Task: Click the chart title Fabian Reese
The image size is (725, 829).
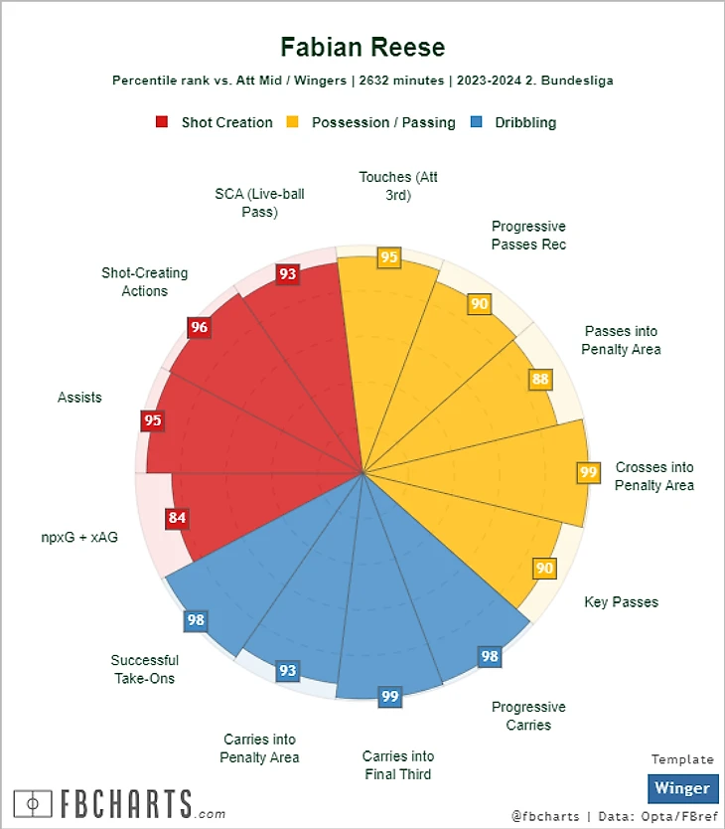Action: [362, 47]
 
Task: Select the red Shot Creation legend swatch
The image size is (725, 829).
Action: [162, 122]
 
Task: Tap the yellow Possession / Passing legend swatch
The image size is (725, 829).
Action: [293, 122]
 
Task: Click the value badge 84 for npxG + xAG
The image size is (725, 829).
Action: [178, 517]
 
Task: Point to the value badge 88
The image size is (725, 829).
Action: [540, 379]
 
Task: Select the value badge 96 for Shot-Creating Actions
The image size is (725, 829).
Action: [200, 327]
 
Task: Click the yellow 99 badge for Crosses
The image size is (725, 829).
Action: [588, 472]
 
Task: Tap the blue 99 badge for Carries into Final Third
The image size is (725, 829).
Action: [390, 696]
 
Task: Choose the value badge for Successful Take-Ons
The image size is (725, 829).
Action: [196, 620]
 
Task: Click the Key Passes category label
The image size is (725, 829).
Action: [621, 601]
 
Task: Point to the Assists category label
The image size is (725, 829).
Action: [79, 398]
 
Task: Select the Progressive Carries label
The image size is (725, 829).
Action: [528, 716]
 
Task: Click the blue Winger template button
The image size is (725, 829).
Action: [682, 788]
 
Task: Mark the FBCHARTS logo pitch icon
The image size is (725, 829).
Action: [35, 802]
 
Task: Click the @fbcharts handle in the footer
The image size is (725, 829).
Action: [544, 816]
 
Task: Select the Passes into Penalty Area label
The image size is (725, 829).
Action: [621, 340]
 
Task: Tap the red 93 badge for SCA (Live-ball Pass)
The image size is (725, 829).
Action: [287, 273]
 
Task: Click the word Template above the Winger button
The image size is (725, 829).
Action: [682, 759]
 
